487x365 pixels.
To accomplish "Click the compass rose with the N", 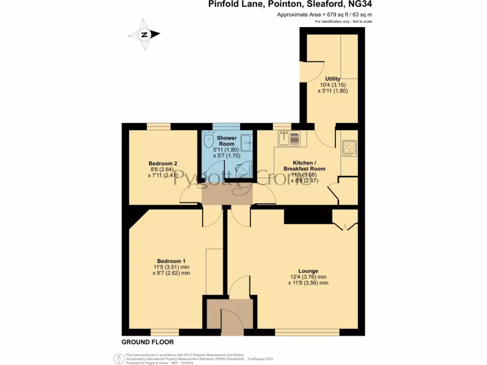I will coord(144,35).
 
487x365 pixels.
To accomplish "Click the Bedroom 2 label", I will coord(163,163).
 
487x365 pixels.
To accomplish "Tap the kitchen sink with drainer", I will coord(289,138).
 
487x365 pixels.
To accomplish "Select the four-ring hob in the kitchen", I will coord(349,148).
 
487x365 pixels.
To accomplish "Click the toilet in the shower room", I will coord(208,141).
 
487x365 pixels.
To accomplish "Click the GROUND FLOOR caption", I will coord(147,342).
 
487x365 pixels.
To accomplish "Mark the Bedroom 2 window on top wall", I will coord(159,126).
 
